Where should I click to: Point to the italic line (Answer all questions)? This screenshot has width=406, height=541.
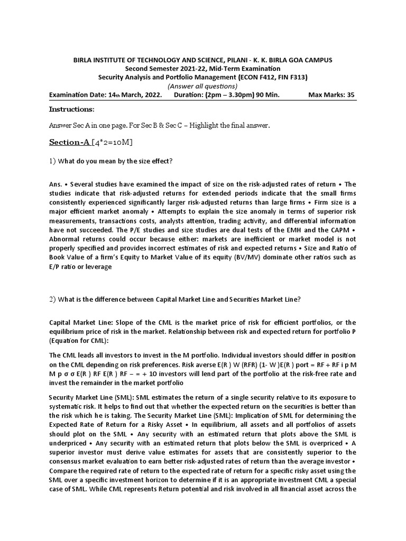click(202, 86)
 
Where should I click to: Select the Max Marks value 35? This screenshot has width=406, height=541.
click(349, 95)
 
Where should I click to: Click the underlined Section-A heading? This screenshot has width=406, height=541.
click(69, 142)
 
